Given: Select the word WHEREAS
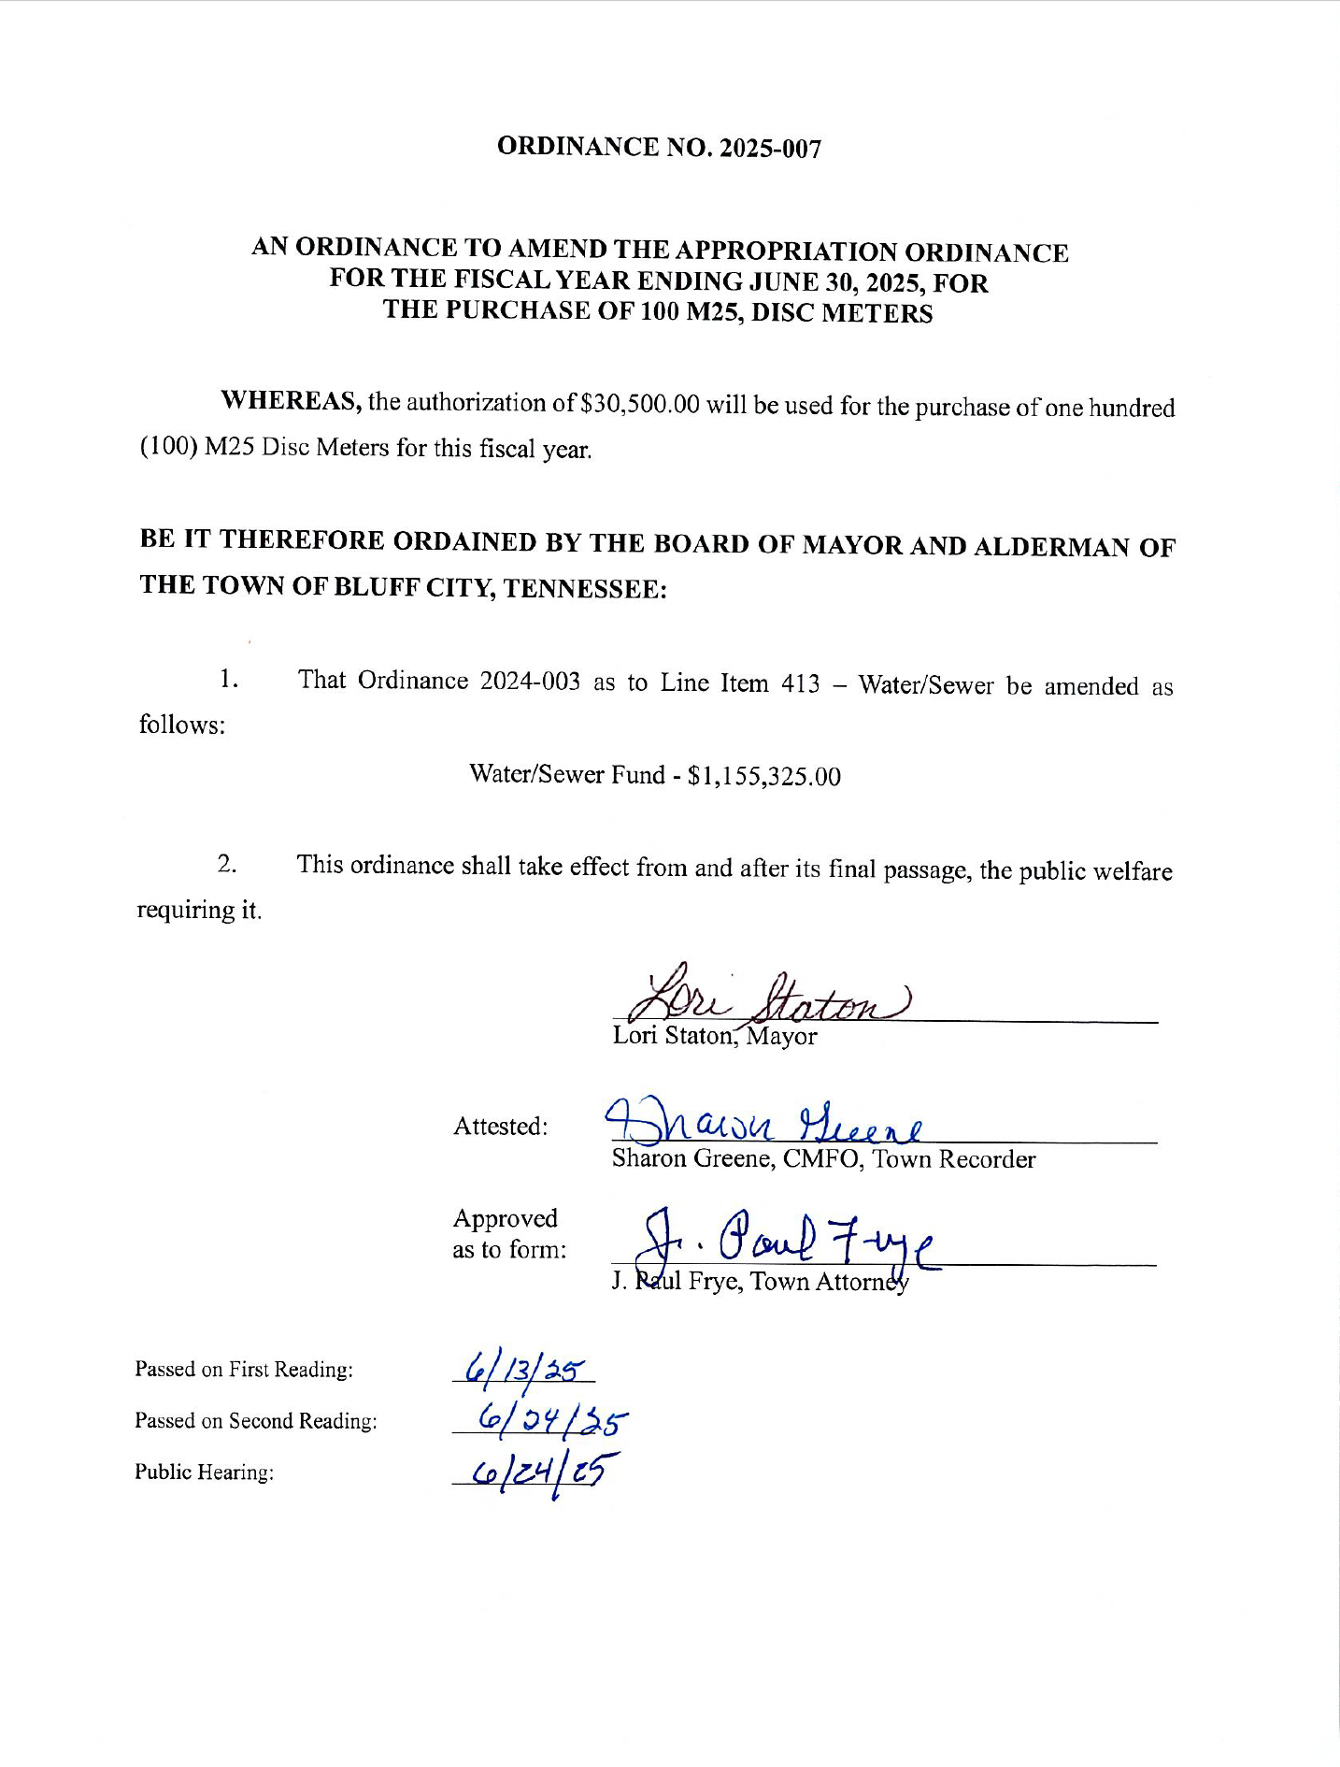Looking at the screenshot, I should (x=291, y=401).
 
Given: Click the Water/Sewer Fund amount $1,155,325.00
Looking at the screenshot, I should (x=763, y=776).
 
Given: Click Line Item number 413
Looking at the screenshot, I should (x=800, y=683).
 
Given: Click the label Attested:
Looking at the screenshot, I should (x=501, y=1127).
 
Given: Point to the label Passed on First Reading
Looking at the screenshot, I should (x=244, y=1370).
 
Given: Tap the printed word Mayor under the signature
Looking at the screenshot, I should (x=781, y=1037).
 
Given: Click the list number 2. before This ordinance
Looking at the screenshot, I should (x=227, y=864).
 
